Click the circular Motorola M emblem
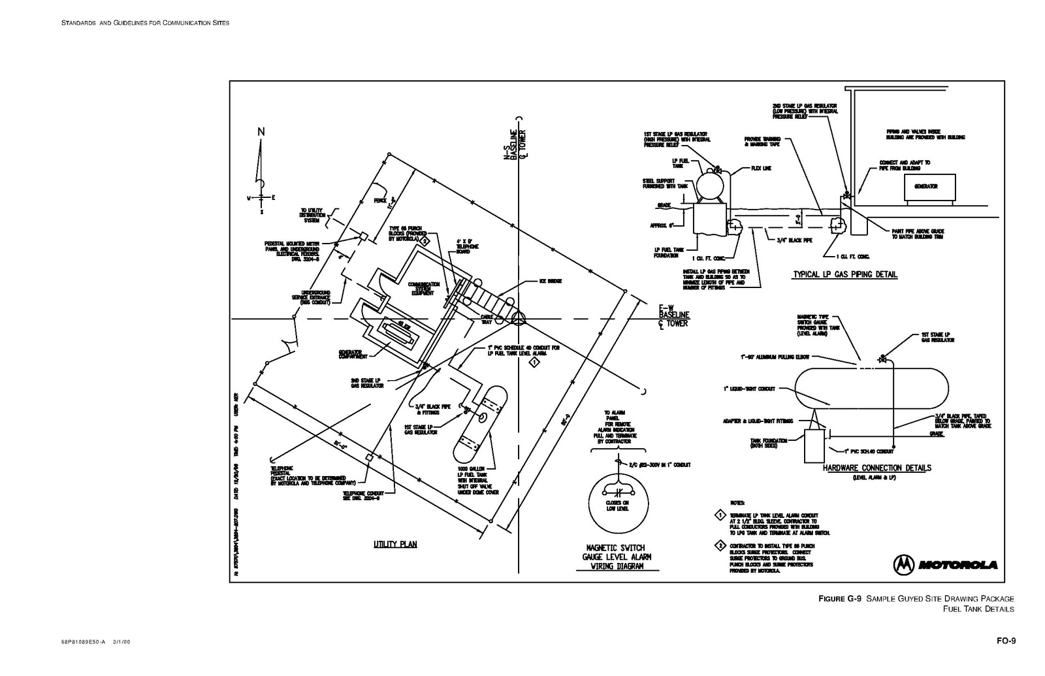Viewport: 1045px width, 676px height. click(904, 564)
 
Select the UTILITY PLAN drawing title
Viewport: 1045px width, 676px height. click(395, 544)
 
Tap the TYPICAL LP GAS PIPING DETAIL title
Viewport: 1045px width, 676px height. click(844, 274)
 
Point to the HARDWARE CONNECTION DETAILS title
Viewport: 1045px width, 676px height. click(876, 468)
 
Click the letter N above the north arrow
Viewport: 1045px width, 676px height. click(261, 131)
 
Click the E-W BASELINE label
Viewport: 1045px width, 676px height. click(673, 315)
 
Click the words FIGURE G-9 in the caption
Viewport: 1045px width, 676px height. click(841, 598)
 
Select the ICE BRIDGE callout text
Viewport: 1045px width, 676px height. click(550, 281)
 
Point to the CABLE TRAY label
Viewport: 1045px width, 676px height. click(486, 319)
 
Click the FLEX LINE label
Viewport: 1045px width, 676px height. click(761, 168)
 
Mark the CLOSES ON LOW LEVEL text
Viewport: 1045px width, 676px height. click(617, 505)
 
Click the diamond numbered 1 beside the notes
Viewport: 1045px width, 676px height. click(720, 515)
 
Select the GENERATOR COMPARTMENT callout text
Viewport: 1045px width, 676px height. click(350, 354)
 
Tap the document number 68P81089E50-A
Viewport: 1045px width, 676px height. click(83, 641)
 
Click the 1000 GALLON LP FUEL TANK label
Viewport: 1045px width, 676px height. click(478, 480)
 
